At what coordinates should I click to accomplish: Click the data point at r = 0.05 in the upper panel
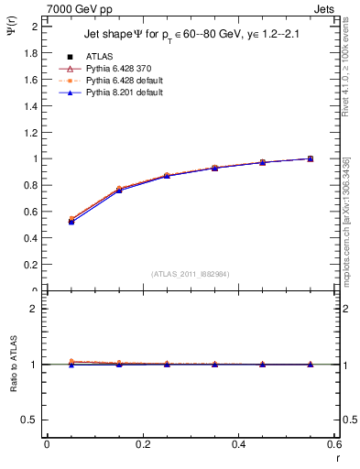[x=71, y=221]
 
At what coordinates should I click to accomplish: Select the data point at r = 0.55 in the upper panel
[x=311, y=158]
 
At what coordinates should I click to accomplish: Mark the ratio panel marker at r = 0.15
[x=118, y=364]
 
